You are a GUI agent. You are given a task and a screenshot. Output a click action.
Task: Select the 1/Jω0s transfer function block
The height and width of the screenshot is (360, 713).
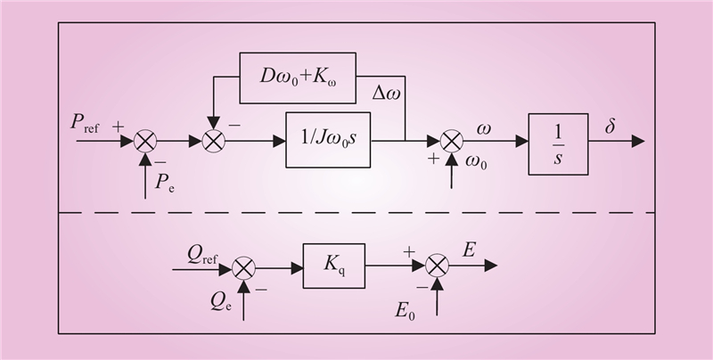coord(328,140)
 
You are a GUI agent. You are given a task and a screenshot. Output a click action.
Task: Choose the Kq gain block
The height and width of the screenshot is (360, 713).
coord(334,265)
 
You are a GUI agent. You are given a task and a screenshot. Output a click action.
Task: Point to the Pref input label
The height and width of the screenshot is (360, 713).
coord(87,124)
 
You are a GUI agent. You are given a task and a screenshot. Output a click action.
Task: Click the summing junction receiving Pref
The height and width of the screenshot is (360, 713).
coord(144,141)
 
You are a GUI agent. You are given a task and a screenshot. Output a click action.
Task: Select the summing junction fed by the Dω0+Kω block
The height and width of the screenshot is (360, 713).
coord(213,141)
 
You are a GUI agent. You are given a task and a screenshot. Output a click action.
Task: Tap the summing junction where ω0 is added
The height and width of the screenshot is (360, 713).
coord(453,141)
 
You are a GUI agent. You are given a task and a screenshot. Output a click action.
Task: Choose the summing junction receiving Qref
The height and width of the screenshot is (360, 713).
coord(244,266)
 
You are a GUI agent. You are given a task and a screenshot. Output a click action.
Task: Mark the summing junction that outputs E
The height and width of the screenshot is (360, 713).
coord(436,266)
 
